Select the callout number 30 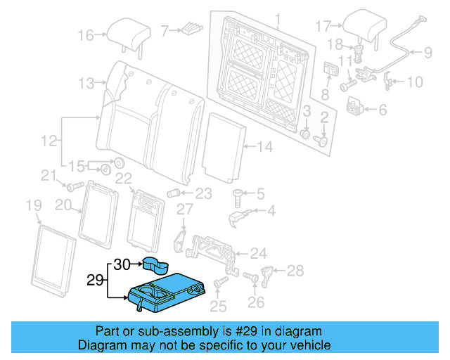pos(122,264)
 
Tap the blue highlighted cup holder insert pos(157,265)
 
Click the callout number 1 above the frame pos(276,18)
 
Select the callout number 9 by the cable pos(427,51)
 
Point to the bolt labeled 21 pos(72,186)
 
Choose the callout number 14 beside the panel pos(264,146)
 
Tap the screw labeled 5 pos(238,195)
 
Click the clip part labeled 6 pos(355,108)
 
